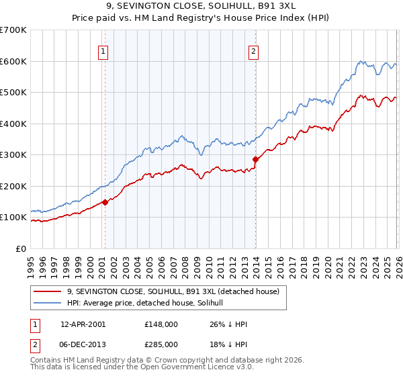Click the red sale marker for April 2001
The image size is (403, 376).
[105, 202]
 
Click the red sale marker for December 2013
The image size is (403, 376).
[255, 159]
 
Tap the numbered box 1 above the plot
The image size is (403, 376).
[104, 52]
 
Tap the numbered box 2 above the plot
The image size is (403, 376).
[254, 52]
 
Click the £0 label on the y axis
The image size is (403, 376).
[21, 248]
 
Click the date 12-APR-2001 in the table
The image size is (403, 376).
[83, 324]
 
